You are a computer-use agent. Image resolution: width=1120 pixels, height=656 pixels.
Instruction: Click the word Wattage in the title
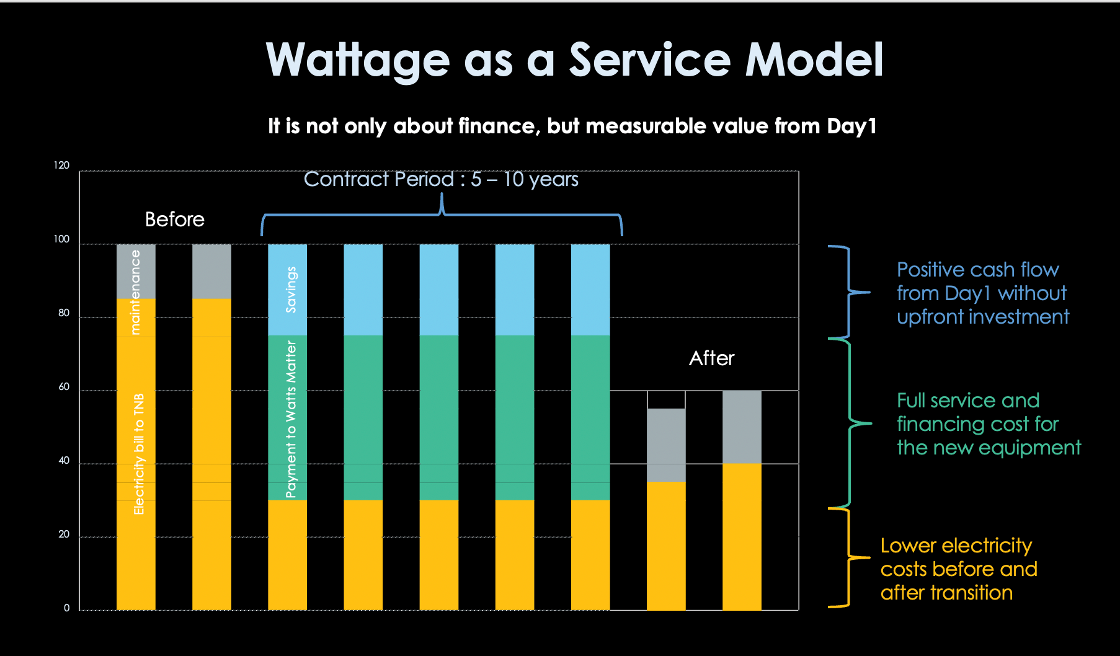pos(357,60)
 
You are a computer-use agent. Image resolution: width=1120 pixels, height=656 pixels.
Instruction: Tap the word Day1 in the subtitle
pos(851,126)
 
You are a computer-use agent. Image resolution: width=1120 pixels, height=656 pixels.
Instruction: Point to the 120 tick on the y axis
pos(61,166)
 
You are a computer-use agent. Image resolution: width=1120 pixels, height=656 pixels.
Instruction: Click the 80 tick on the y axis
pos(63,313)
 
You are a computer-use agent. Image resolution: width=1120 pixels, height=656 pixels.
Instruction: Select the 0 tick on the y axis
pos(66,608)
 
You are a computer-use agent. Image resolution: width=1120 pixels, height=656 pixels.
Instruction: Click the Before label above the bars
pos(174,219)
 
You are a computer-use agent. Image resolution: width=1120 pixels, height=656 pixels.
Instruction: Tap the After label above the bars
pos(711,358)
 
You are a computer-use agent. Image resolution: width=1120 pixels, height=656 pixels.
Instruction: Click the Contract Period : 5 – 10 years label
pos(440,179)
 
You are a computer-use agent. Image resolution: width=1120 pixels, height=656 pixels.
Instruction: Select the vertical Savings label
pos(291,290)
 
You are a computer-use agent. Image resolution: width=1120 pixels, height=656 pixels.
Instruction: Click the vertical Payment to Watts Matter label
pos(291,419)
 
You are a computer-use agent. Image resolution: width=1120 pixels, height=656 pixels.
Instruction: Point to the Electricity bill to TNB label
pos(139,454)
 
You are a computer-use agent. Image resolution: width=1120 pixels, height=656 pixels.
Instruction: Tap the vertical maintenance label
pos(135,292)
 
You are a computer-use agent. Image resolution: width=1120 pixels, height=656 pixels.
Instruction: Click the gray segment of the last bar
pos(742,427)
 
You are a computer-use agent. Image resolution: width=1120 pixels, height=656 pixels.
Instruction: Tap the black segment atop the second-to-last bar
pos(666,400)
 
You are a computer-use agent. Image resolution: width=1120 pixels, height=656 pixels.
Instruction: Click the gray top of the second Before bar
pos(211,272)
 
